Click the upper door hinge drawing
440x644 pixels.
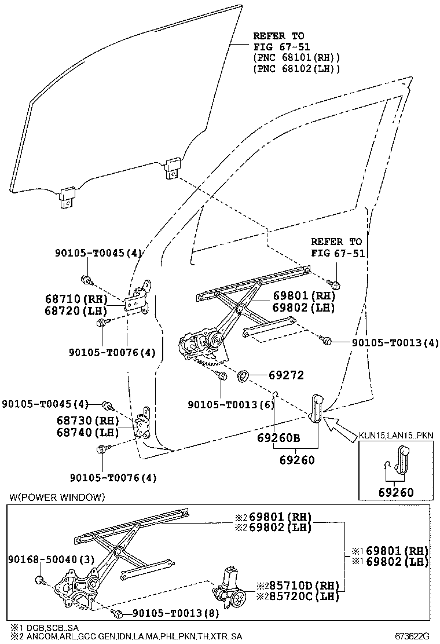[141, 298]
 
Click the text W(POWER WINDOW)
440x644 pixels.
[57, 497]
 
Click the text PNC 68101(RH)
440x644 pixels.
[296, 58]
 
